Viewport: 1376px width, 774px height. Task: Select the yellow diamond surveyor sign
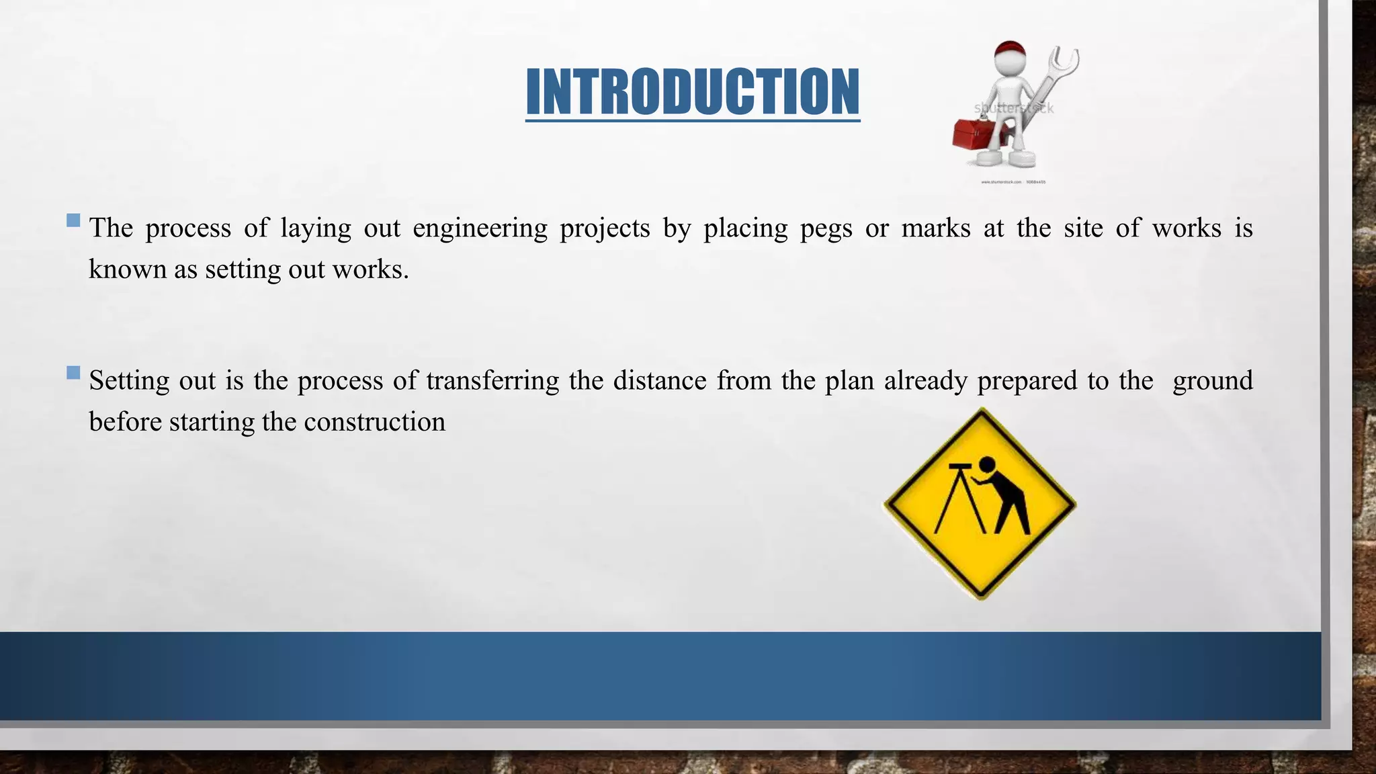[x=980, y=504]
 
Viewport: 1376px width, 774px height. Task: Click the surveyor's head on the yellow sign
[x=986, y=465]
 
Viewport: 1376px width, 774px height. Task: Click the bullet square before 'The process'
[x=74, y=220]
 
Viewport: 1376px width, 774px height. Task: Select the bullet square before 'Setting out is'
[x=74, y=373]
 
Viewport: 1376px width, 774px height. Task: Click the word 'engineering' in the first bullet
[x=480, y=228]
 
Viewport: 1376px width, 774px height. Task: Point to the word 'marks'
[x=935, y=228]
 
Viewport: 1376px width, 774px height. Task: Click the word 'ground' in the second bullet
[x=1212, y=381]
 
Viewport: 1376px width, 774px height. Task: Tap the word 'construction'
[x=374, y=422]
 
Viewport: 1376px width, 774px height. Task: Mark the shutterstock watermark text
[x=1014, y=108]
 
